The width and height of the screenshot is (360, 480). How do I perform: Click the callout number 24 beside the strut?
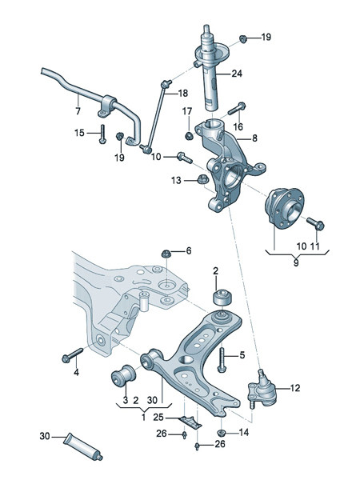coord(236,76)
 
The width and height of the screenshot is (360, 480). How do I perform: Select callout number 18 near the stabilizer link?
coord(182,93)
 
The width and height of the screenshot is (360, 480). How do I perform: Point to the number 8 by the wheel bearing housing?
coord(255,138)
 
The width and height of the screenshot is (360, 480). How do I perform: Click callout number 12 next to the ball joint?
coord(294,389)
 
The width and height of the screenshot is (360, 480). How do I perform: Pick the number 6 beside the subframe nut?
coord(189,251)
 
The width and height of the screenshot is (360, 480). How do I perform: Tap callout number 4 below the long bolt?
coord(77,373)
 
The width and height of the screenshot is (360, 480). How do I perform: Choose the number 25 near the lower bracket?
coord(158,417)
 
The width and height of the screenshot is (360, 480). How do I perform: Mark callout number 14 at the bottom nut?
coord(244,433)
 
